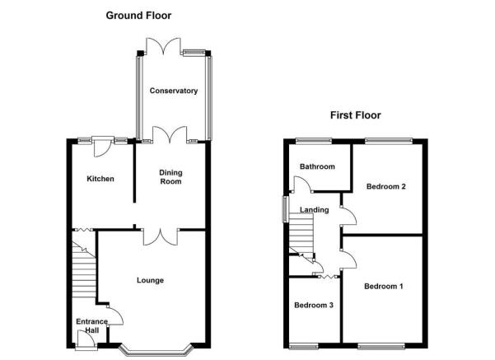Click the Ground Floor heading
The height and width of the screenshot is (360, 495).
tap(138, 16)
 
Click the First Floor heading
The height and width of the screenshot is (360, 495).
tap(356, 115)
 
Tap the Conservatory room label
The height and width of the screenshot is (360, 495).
tap(174, 91)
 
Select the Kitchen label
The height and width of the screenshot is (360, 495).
tap(100, 179)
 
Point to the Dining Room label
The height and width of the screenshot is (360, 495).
tap(170, 177)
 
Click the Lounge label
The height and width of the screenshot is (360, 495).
tap(150, 280)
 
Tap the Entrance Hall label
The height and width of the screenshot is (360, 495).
tap(92, 326)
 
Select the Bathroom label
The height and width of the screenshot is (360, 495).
tap(317, 166)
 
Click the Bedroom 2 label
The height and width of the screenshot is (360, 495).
tap(386, 186)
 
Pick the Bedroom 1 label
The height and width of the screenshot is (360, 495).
tap(384, 287)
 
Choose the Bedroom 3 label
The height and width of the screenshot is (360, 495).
tap(314, 305)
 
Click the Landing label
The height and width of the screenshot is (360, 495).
tap(314, 210)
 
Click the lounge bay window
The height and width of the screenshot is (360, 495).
tap(156, 352)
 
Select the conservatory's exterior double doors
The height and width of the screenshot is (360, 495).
tap(164, 45)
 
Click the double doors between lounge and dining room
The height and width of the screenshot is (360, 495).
tap(161, 237)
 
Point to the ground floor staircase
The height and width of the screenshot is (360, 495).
tap(84, 269)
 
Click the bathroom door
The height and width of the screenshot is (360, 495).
tap(302, 184)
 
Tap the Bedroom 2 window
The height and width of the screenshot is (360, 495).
tap(389, 141)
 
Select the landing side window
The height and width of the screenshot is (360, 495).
tap(285, 209)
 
